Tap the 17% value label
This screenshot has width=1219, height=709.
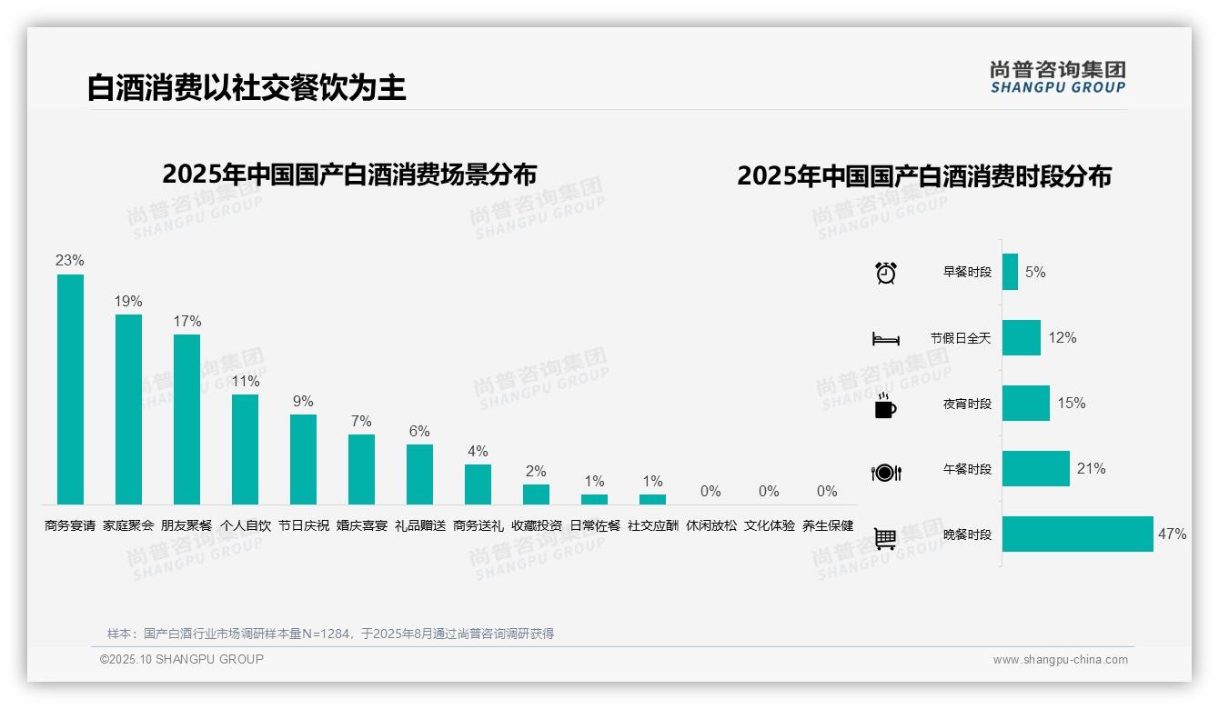tap(186, 321)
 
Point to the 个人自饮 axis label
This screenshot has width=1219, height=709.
tap(246, 525)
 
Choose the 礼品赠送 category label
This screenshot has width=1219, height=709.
tap(420, 525)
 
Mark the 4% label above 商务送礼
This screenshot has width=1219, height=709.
tap(478, 451)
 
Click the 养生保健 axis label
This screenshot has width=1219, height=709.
tap(828, 525)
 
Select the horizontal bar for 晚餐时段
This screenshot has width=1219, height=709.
tap(1077, 534)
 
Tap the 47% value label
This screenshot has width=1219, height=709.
tap(1172, 534)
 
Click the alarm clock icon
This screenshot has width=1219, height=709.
tap(886, 273)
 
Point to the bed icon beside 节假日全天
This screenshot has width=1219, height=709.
tap(886, 339)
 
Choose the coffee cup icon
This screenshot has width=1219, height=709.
tap(885, 405)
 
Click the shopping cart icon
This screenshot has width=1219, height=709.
tap(885, 538)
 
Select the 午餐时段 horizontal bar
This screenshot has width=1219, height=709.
tap(1035, 469)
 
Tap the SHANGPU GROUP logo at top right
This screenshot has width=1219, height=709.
tap(1058, 77)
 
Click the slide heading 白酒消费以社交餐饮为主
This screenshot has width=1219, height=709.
tap(247, 87)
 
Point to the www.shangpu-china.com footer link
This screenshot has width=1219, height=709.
tap(1060, 660)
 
